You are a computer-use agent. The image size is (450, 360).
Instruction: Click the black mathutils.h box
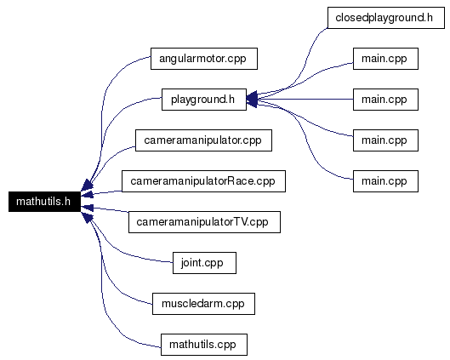44,202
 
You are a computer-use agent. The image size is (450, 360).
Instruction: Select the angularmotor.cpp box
204,59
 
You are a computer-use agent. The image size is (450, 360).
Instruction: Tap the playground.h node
204,100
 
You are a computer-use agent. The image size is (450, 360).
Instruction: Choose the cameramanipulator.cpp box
203,140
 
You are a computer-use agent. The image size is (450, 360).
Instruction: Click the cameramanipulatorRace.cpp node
203,181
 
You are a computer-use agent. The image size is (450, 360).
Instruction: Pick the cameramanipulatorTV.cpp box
204,222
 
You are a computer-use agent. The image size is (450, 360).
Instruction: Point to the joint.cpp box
204,263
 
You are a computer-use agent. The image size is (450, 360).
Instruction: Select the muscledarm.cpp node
203,304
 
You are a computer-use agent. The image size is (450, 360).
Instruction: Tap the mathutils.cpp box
204,345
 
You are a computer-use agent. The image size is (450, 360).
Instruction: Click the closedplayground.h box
386,18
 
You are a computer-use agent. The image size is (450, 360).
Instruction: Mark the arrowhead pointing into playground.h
252,100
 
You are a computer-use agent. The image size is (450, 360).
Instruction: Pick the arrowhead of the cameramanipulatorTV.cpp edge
88,208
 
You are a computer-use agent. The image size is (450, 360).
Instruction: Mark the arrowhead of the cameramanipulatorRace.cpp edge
88,194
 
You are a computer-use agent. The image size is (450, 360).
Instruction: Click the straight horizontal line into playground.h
305,100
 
